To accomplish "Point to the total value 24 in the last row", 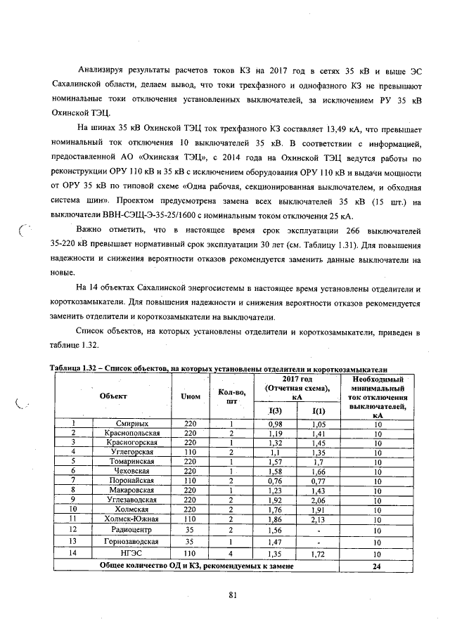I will [x=377, y=565].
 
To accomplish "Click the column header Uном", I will [x=191, y=396].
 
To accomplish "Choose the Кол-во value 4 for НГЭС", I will [x=230, y=554].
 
